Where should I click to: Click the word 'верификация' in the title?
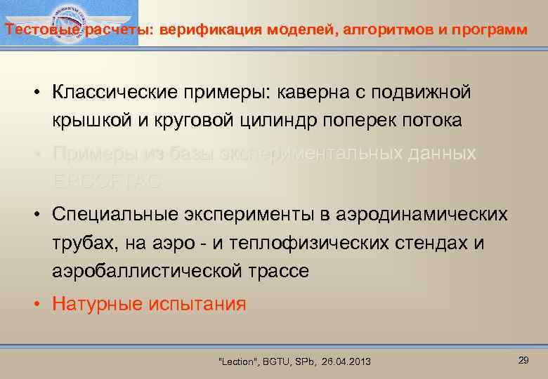coord(202,30)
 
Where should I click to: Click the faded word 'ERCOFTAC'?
coord(107,181)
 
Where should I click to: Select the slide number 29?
coord(523,360)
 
